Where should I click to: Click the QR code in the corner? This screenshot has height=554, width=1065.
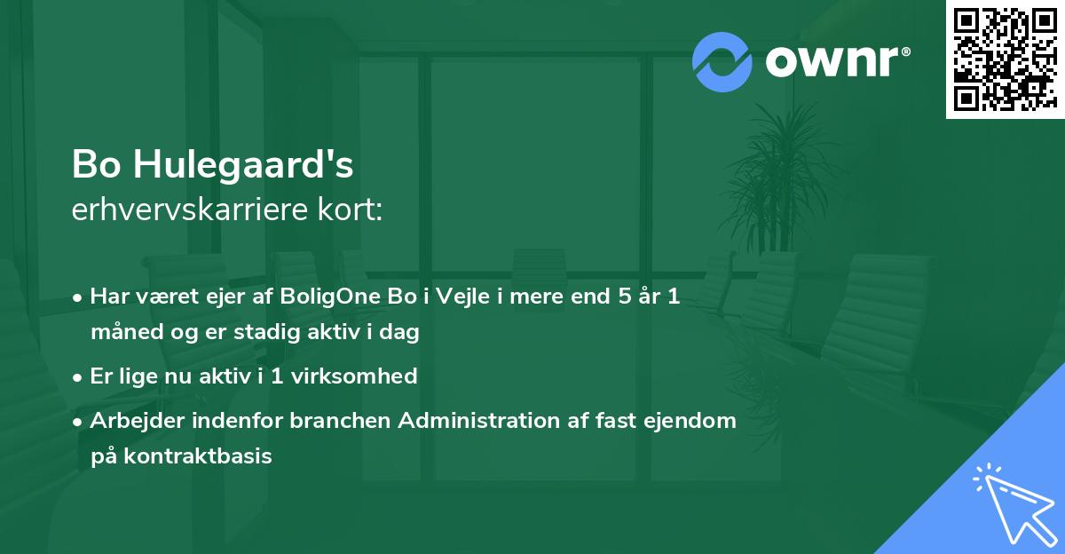coord(1005,59)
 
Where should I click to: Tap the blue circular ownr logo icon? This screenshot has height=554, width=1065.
coord(722,62)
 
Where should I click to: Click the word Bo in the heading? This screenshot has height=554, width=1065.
coord(96,165)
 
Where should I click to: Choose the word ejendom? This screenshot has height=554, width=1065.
coord(693,421)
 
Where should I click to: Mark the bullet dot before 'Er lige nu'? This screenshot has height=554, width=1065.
coord(79,376)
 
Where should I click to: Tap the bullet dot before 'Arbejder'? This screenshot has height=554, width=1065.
coord(79,421)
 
